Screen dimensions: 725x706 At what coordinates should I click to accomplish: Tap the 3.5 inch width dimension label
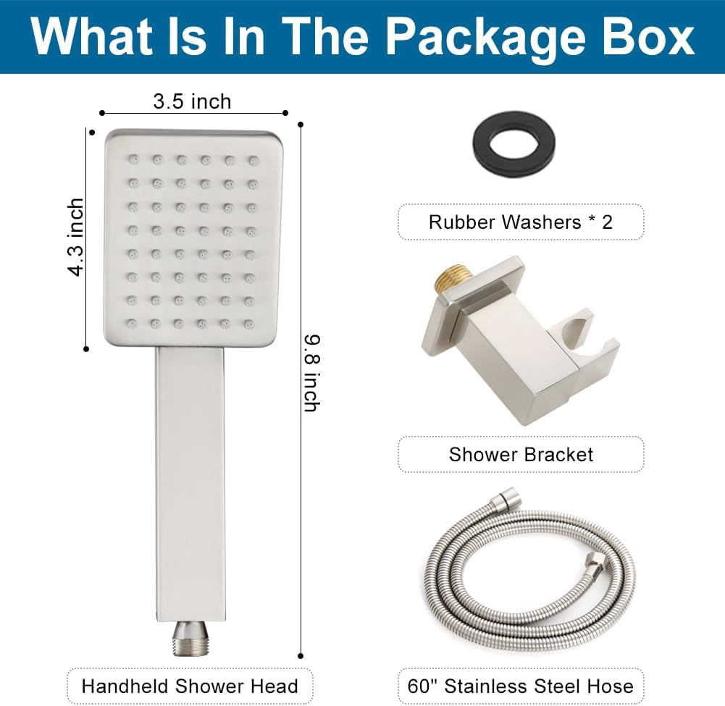point(192,101)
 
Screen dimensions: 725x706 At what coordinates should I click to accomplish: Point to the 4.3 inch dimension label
point(76,238)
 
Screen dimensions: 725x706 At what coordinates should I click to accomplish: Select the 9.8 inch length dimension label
point(312,373)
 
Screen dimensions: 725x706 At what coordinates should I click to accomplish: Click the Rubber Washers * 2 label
point(521,222)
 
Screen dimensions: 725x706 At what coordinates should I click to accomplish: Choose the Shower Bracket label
point(521,455)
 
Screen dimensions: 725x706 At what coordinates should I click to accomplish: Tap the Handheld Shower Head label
point(190,686)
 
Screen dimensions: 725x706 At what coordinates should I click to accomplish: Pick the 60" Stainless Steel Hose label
point(521,686)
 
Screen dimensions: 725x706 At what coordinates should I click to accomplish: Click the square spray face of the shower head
point(193,238)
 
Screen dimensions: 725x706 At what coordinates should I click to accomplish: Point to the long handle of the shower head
point(190,484)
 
